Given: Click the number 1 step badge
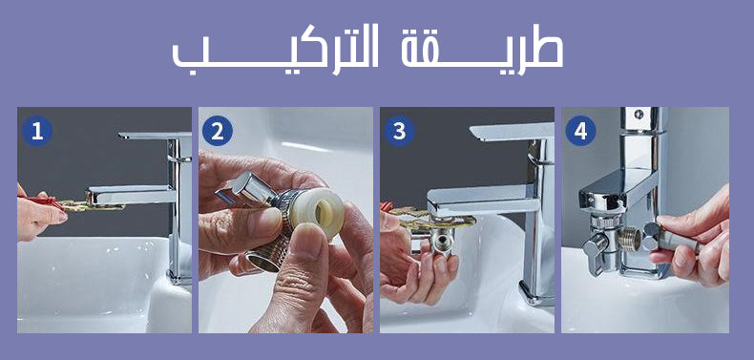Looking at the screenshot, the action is pyautogui.click(x=36, y=131).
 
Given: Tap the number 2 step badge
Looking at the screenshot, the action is pyautogui.click(x=218, y=131).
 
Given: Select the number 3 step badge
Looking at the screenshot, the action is pyautogui.click(x=399, y=131).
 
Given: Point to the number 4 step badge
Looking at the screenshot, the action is pyautogui.click(x=580, y=131).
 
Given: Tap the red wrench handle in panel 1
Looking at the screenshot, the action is pyautogui.click(x=41, y=201).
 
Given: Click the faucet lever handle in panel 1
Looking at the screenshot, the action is pyautogui.click(x=155, y=137).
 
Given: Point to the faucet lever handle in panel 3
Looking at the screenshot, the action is pyautogui.click(x=512, y=132).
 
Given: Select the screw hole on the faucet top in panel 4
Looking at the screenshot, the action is pyautogui.click(x=639, y=114).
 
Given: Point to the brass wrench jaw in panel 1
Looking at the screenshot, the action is pyautogui.click(x=93, y=206).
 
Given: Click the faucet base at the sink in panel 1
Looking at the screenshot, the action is pyautogui.click(x=179, y=277).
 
